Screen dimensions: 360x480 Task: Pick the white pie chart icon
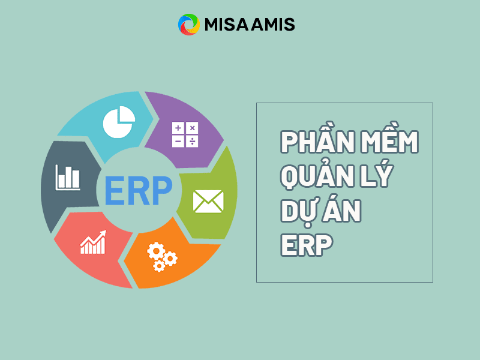click(118, 122)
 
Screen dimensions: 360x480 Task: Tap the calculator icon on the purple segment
click(185, 134)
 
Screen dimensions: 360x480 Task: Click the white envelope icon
click(208, 201)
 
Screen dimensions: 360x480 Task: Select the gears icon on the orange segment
click(162, 255)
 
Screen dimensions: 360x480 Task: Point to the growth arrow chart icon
click(93, 241)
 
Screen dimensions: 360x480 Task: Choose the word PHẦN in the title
click(312, 143)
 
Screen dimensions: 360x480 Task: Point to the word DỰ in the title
click(298, 212)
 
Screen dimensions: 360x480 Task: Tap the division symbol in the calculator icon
click(192, 142)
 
